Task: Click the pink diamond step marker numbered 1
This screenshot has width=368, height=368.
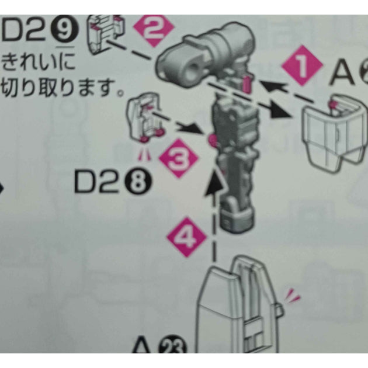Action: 303,68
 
